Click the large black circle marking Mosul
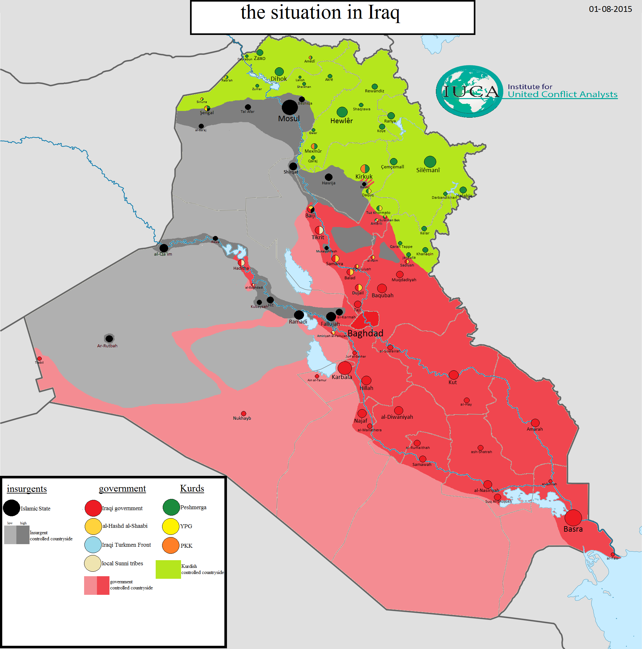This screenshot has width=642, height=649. pyautogui.click(x=290, y=107)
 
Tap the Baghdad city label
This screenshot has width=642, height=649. pyautogui.click(x=365, y=333)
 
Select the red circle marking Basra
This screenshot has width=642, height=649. pyautogui.click(x=573, y=518)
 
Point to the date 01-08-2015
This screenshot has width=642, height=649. pyautogui.click(x=610, y=9)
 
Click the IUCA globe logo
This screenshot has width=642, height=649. pyautogui.click(x=470, y=91)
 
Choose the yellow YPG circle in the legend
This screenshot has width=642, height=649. pyautogui.click(x=170, y=527)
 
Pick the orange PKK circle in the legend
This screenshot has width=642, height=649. pyautogui.click(x=170, y=545)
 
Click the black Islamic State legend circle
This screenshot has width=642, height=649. pyautogui.click(x=12, y=508)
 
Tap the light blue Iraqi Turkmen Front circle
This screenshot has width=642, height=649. pyautogui.click(x=93, y=545)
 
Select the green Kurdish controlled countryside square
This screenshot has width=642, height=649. pyautogui.click(x=168, y=569)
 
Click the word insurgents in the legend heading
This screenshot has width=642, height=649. pyautogui.click(x=27, y=489)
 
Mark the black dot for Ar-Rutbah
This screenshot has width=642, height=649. pyautogui.click(x=109, y=338)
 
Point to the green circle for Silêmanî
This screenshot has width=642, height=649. pyautogui.click(x=430, y=162)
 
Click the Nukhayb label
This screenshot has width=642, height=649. pyautogui.click(x=242, y=418)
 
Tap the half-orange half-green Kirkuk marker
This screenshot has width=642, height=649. pyautogui.click(x=365, y=169)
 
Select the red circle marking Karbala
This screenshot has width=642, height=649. pyautogui.click(x=345, y=368)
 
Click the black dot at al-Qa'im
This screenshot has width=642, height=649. pyautogui.click(x=164, y=248)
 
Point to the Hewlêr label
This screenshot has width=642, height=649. pyautogui.click(x=341, y=121)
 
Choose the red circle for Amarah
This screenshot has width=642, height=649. pyautogui.click(x=535, y=423)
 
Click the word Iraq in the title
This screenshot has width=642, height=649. pyautogui.click(x=384, y=13)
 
